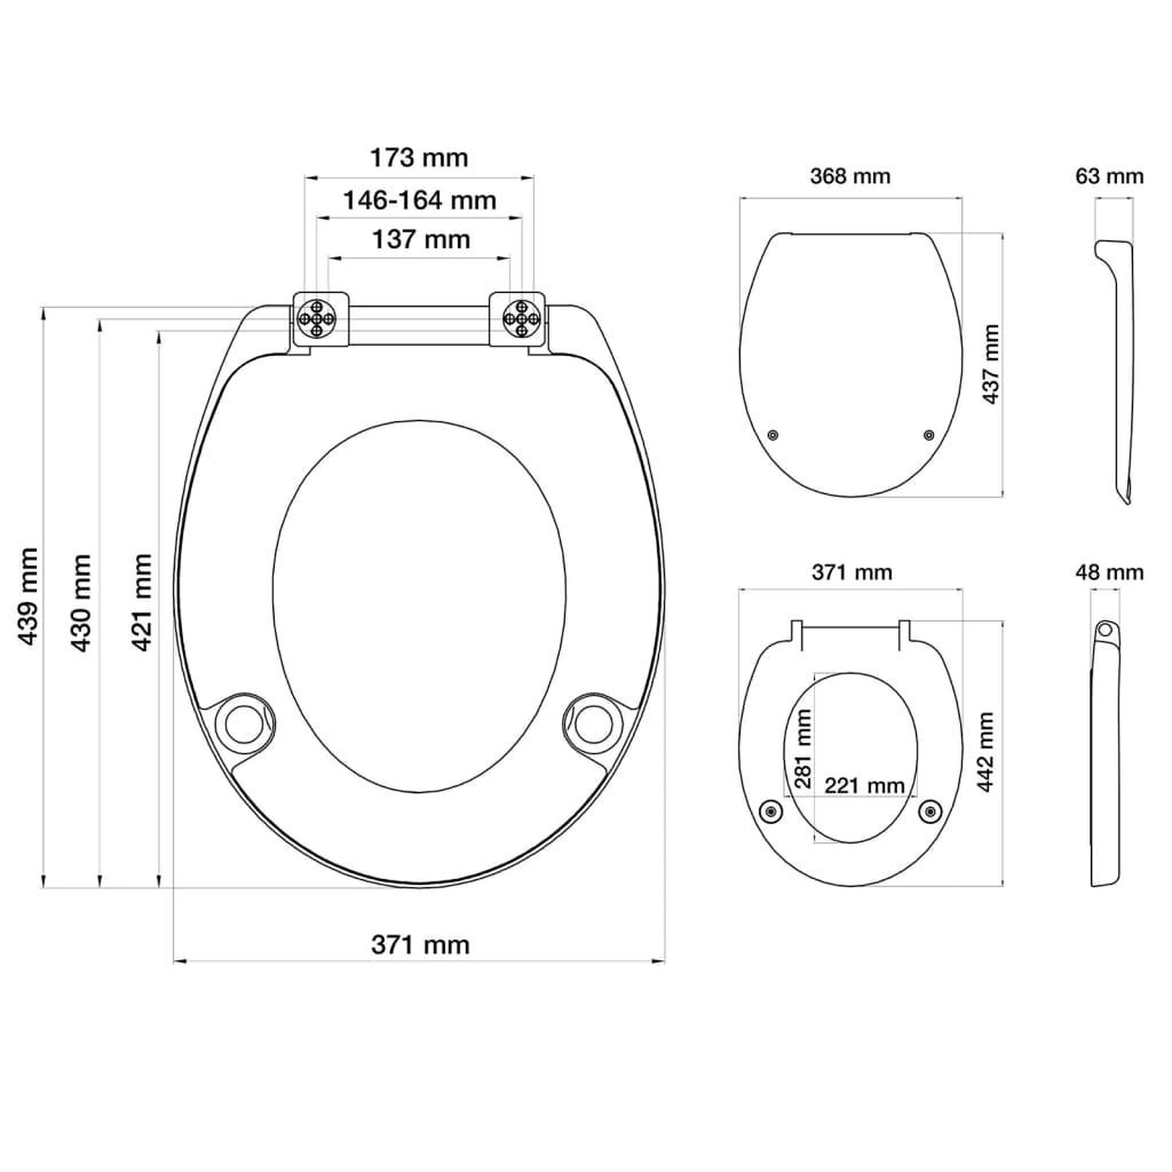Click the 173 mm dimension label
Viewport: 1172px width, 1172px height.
pos(419,158)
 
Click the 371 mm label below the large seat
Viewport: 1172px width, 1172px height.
pos(421,945)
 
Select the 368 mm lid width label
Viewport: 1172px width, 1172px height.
pos(850,176)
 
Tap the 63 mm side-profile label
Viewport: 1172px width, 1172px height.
pos(1110,176)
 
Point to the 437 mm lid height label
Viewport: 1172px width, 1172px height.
pos(990,364)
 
